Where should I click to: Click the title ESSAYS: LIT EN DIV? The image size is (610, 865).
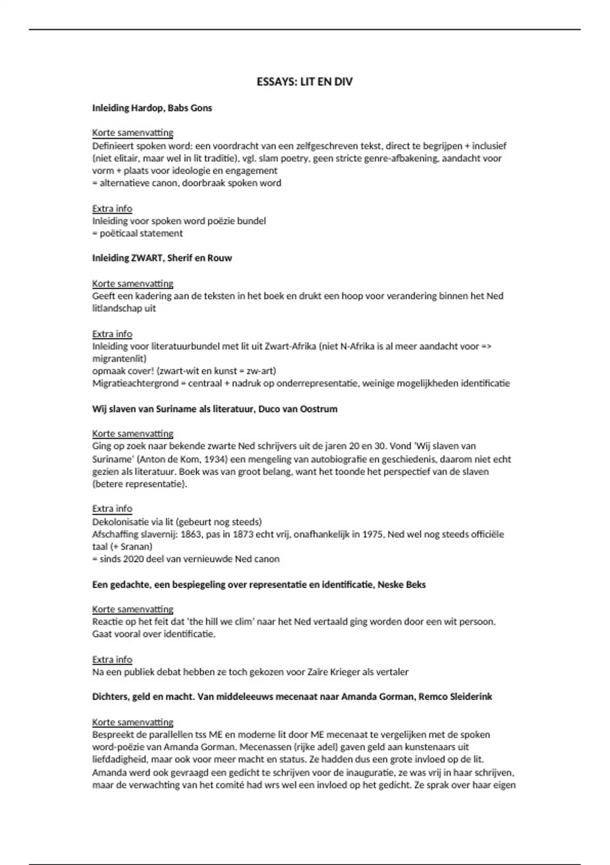(304, 82)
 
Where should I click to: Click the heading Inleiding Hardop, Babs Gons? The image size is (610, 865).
(152, 108)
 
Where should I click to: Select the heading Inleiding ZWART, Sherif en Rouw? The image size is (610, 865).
(162, 258)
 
